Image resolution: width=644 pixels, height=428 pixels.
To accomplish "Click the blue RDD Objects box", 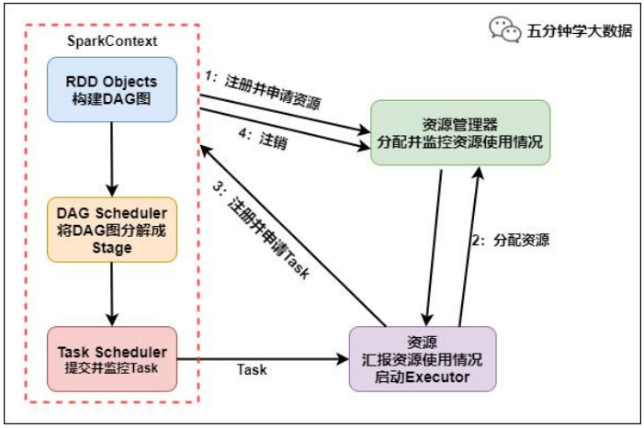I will pos(112,89).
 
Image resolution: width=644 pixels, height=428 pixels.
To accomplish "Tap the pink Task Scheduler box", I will pos(112,359).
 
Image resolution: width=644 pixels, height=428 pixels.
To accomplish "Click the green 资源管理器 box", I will pos(459,132).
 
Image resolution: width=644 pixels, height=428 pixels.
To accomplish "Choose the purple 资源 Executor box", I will pos(422,359).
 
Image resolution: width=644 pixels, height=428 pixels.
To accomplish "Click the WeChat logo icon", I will pos(505,29).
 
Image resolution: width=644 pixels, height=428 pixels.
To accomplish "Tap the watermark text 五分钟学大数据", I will pos(579,30).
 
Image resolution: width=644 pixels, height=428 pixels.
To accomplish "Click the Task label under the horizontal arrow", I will pos(252,369).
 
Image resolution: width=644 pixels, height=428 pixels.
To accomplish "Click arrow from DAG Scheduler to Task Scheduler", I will pos(112,294).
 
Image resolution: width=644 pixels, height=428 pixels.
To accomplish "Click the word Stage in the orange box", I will pos(112,248).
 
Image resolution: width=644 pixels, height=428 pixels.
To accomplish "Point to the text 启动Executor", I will pos(422,377).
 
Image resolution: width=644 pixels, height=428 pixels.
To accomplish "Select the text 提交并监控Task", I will pos(112,369).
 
